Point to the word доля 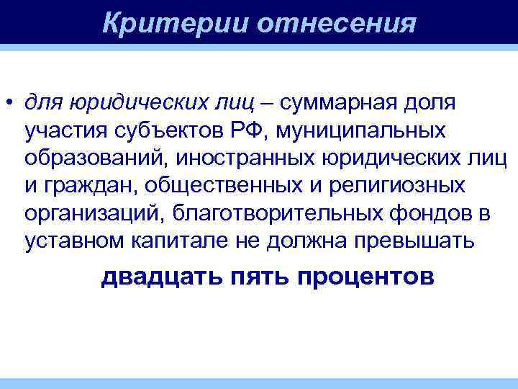click(430, 103)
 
